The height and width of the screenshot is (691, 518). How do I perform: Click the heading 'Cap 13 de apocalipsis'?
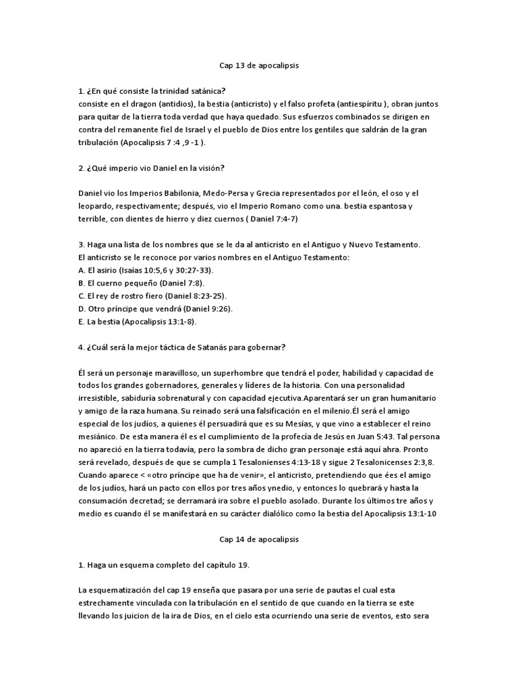tap(259, 66)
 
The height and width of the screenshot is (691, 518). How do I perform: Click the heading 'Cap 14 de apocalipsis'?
tap(259, 540)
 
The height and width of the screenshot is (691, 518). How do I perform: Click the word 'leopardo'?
tap(95, 206)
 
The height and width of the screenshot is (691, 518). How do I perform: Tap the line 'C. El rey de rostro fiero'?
tap(121, 296)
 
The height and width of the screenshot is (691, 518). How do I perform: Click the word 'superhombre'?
tap(248, 372)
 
